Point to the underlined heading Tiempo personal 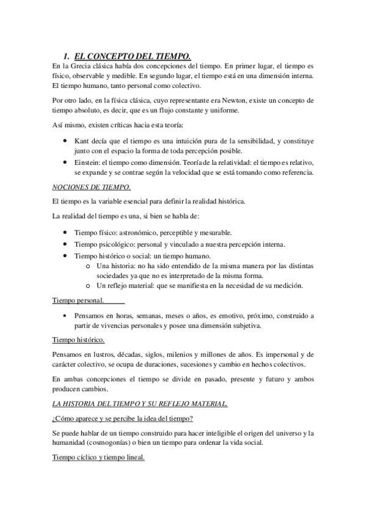78,301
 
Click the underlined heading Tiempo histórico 78,340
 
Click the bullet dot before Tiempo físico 65,233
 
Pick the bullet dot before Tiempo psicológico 65,244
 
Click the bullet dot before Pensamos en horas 65,316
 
